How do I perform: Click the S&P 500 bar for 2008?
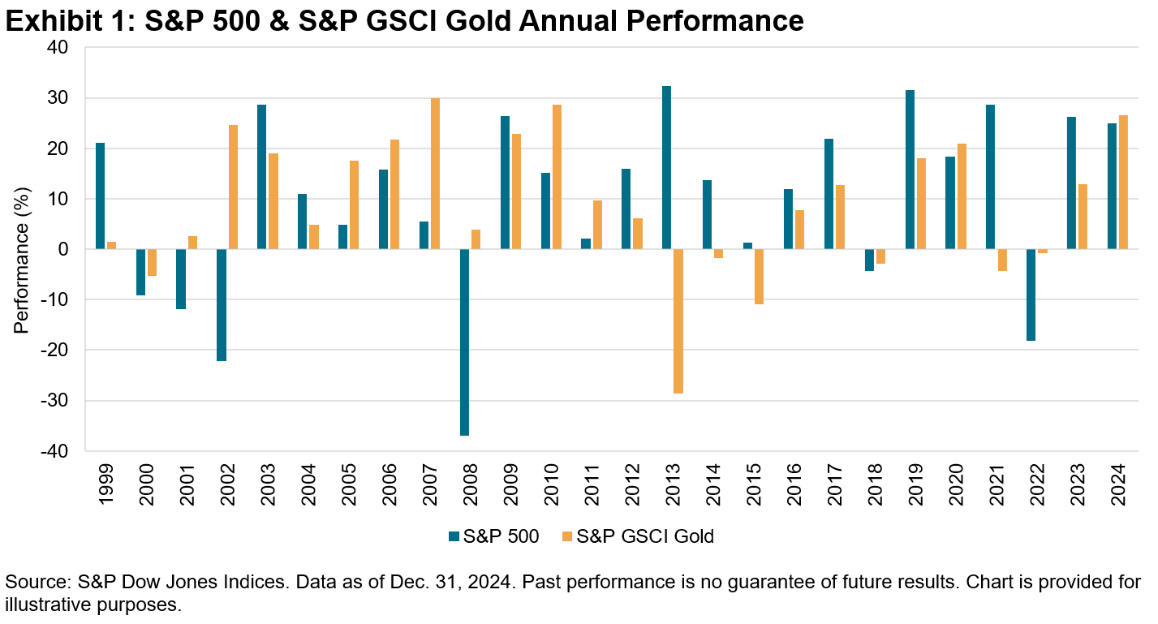[464, 342]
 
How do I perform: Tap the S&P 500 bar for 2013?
[667, 167]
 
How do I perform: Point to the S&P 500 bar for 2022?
[1031, 295]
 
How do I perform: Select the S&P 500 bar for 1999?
[100, 196]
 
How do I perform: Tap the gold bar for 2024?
[1124, 182]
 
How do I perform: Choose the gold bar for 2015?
[760, 276]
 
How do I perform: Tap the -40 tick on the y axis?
[63, 451]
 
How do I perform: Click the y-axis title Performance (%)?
[22, 249]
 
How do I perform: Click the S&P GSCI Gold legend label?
[645, 536]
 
